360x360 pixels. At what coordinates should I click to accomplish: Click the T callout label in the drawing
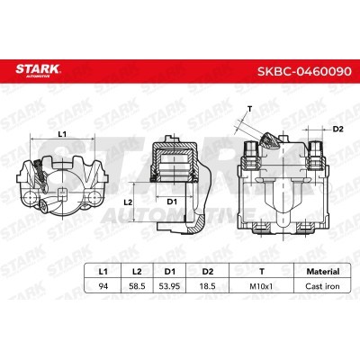(x=248, y=109)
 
